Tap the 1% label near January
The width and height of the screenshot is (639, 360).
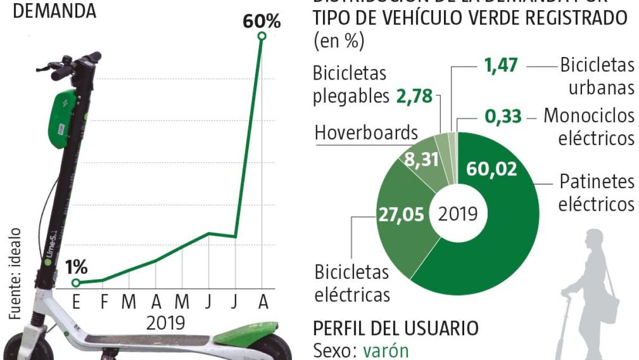(x=77, y=267)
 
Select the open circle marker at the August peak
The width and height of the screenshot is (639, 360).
(x=262, y=36)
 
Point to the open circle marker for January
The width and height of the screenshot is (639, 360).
(x=76, y=283)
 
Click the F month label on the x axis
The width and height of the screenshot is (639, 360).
(x=104, y=302)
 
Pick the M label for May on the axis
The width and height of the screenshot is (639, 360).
(x=182, y=302)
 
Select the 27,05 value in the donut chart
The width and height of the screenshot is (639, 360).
(x=401, y=214)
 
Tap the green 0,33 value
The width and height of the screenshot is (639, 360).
(x=503, y=116)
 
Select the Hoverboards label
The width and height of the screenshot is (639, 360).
(x=366, y=132)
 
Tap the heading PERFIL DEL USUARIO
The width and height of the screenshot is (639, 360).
(x=395, y=328)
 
